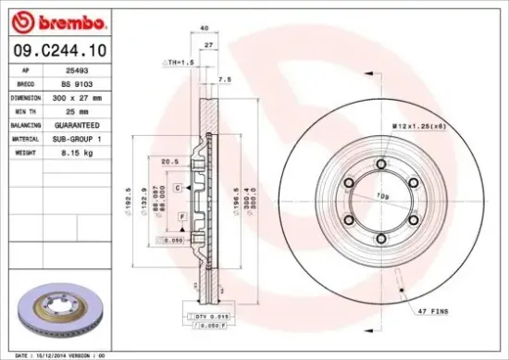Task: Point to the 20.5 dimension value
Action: point(169,160)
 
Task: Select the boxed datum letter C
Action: point(176,188)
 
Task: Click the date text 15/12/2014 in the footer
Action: point(61,354)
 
